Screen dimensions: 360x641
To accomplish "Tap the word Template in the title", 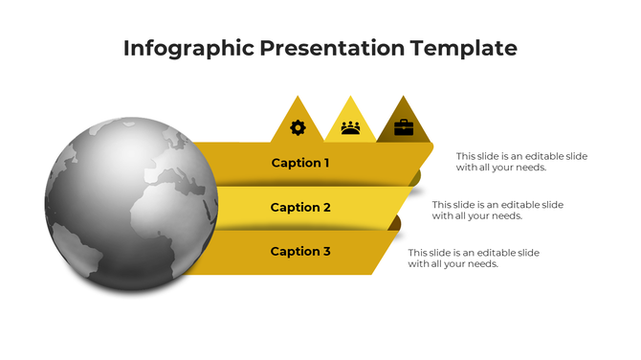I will tap(465, 49).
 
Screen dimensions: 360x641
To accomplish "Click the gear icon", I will tap(298, 127).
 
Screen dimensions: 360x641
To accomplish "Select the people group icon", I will tap(350, 127).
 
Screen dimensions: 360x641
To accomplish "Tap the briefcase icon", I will tap(404, 127).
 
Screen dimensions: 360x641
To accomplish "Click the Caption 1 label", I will tap(300, 163).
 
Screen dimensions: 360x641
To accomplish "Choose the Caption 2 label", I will tap(300, 207).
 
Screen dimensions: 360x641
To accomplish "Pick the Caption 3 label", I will tap(300, 251).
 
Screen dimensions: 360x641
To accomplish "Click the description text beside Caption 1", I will tap(521, 162).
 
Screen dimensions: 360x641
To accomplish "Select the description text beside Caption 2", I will tap(497, 210).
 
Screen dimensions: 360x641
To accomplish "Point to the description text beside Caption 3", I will tap(474, 258).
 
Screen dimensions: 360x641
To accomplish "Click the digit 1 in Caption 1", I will tap(325, 163).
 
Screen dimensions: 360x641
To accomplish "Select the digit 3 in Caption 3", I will tap(326, 251).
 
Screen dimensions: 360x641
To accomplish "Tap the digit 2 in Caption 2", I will tap(326, 207).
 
